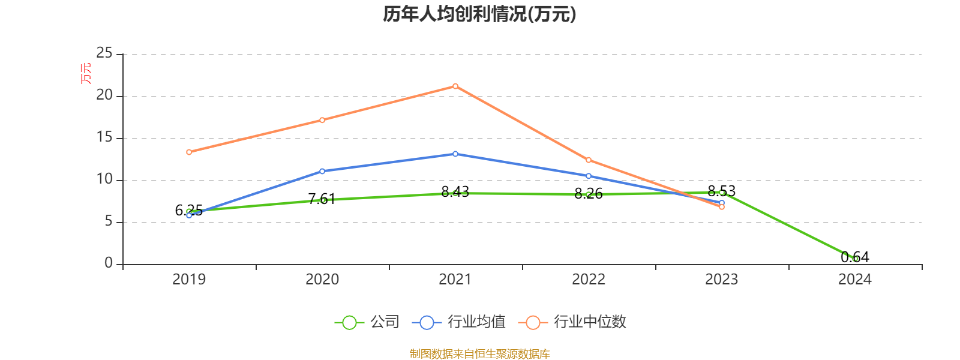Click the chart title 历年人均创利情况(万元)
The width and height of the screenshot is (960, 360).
[x=479, y=14]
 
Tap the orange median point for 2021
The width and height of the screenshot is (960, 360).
[x=455, y=86]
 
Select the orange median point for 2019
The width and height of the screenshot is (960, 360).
[x=189, y=152]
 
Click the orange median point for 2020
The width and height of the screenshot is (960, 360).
[x=322, y=120]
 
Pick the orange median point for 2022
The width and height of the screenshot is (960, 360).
[x=589, y=160]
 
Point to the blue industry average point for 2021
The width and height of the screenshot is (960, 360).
[x=455, y=154]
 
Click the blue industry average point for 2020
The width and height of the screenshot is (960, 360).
[x=322, y=171]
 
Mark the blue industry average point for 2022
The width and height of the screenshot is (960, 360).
[x=589, y=176]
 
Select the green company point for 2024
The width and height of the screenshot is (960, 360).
[x=855, y=259]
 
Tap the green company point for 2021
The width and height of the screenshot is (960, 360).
[x=455, y=193]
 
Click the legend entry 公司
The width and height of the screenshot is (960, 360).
[x=367, y=322]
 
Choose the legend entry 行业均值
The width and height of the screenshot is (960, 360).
[x=459, y=322]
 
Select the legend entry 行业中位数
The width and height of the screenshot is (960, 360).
[x=576, y=322]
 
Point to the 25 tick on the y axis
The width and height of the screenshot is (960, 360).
[x=104, y=53]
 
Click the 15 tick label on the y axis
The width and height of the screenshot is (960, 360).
[x=104, y=137]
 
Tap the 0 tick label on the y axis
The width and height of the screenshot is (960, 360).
[x=109, y=263]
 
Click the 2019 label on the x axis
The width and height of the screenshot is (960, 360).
[x=189, y=280]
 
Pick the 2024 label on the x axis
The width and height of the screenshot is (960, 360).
[x=855, y=280]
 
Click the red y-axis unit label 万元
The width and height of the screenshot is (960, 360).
[x=86, y=73]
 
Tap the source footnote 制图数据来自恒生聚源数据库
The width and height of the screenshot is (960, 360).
[x=479, y=354]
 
